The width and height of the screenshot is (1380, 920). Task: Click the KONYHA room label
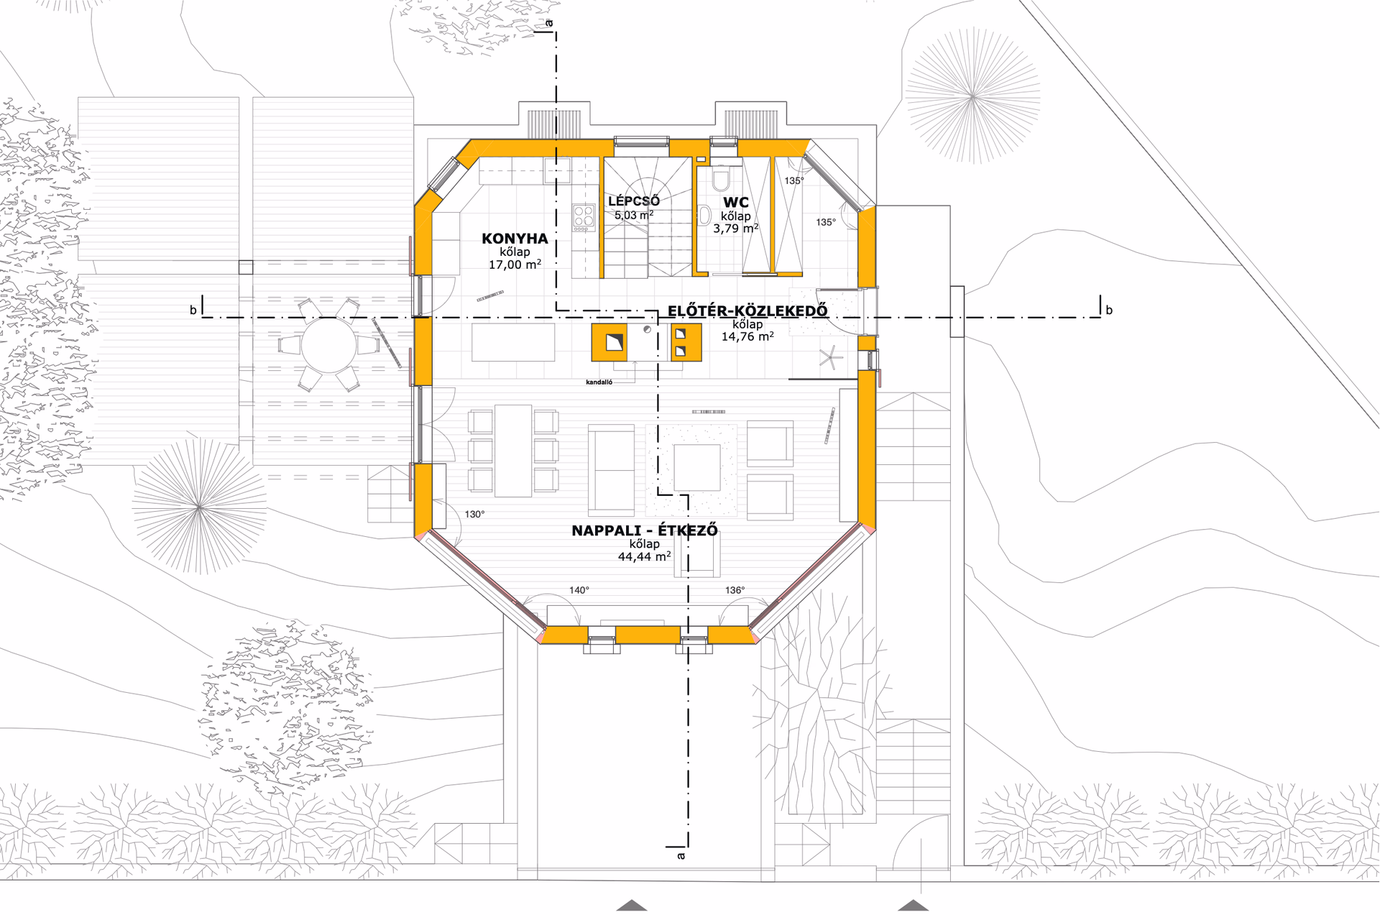(x=515, y=239)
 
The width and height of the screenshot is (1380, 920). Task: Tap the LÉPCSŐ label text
(x=634, y=201)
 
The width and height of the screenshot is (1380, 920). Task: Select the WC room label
(x=736, y=203)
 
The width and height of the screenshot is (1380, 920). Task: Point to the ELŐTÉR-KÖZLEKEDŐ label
(x=747, y=311)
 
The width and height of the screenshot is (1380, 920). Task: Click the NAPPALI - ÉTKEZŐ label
(x=645, y=530)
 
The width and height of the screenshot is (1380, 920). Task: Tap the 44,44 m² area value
(x=645, y=556)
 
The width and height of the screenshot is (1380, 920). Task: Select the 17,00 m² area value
(x=515, y=264)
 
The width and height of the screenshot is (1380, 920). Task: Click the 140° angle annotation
(x=579, y=590)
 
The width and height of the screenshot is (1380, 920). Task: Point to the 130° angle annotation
(x=474, y=515)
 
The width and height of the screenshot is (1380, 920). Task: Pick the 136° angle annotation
(x=735, y=590)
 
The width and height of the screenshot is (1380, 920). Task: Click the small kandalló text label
(x=599, y=382)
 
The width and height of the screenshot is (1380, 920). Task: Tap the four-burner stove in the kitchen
(x=584, y=217)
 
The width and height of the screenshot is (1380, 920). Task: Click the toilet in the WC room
(x=721, y=178)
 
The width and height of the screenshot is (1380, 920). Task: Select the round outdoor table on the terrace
(x=329, y=346)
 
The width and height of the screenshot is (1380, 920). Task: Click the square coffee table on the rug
(x=697, y=467)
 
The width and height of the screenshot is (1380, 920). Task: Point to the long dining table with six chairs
(x=513, y=451)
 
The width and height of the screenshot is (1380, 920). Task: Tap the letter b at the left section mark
(x=193, y=310)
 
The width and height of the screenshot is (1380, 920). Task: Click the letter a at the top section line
(x=550, y=24)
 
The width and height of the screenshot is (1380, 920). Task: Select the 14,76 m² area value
(x=747, y=336)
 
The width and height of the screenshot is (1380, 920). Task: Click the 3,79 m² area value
(x=736, y=229)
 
